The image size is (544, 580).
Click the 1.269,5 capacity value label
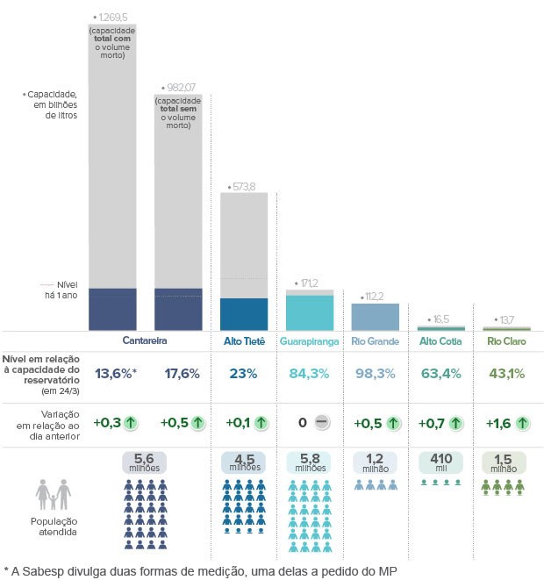[117, 17]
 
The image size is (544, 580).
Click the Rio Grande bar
[376, 317]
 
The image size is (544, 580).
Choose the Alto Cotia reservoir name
[441, 340]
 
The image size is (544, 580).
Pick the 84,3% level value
[309, 374]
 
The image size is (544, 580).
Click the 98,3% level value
[375, 374]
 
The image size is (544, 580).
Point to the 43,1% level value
[505, 374]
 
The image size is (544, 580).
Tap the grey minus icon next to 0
[322, 423]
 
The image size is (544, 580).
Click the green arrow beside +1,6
[522, 423]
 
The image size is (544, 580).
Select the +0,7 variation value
[433, 423]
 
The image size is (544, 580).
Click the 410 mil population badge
[440, 462]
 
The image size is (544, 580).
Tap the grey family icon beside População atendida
[54, 494]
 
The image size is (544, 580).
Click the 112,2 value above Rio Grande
[373, 297]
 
